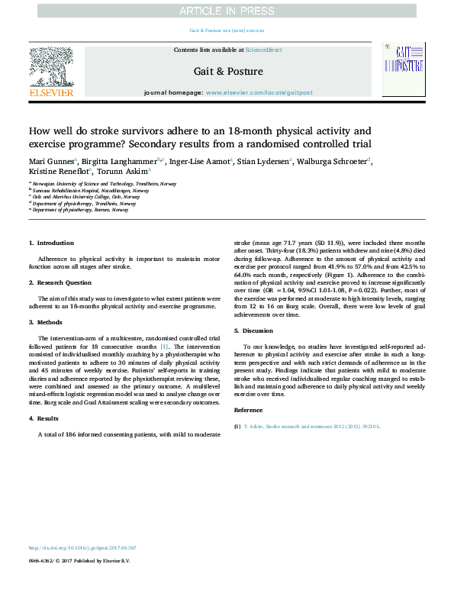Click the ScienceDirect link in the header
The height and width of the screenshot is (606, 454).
[264, 50]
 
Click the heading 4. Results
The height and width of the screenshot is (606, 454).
[46, 419]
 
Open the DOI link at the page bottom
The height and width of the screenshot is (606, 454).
[82, 547]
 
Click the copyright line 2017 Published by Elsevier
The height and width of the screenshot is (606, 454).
[79, 560]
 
